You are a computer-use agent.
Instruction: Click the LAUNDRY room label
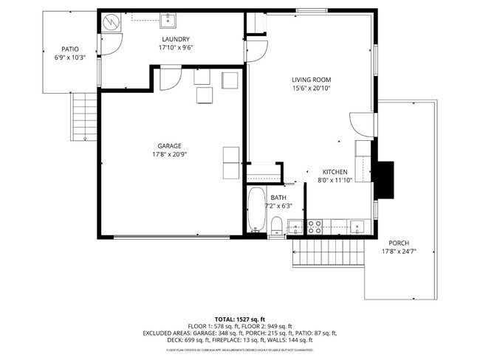tap(176, 39)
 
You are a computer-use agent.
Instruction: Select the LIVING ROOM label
tap(311, 79)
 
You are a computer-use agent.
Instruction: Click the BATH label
tap(278, 198)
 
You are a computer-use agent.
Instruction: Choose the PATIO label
tap(69, 49)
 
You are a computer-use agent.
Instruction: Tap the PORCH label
tap(400, 243)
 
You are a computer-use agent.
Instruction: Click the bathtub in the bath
tap(256, 210)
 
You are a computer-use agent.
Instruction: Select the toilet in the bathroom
tap(276, 225)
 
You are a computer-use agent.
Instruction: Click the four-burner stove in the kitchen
tap(315, 226)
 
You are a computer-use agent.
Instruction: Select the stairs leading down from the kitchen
tap(329, 257)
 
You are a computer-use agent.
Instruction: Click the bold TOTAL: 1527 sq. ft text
tap(240, 317)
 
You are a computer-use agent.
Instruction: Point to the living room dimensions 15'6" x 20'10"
tap(311, 88)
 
